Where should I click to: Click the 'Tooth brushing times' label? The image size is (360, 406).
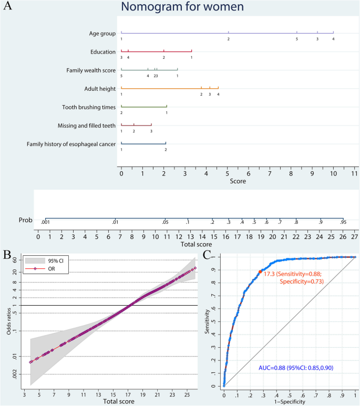tap(89, 107)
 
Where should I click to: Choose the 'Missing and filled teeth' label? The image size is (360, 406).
tap(87, 126)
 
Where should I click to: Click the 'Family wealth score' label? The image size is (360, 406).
tap(91, 70)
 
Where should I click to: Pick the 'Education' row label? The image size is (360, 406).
tap(103, 52)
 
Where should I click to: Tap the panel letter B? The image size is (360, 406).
tap(7, 256)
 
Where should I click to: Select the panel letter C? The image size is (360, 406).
tap(209, 256)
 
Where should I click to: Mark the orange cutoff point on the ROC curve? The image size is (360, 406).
tap(260, 272)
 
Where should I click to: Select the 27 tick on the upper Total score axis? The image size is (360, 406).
tap(355, 237)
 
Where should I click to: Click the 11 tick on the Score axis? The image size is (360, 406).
tap(355, 173)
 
